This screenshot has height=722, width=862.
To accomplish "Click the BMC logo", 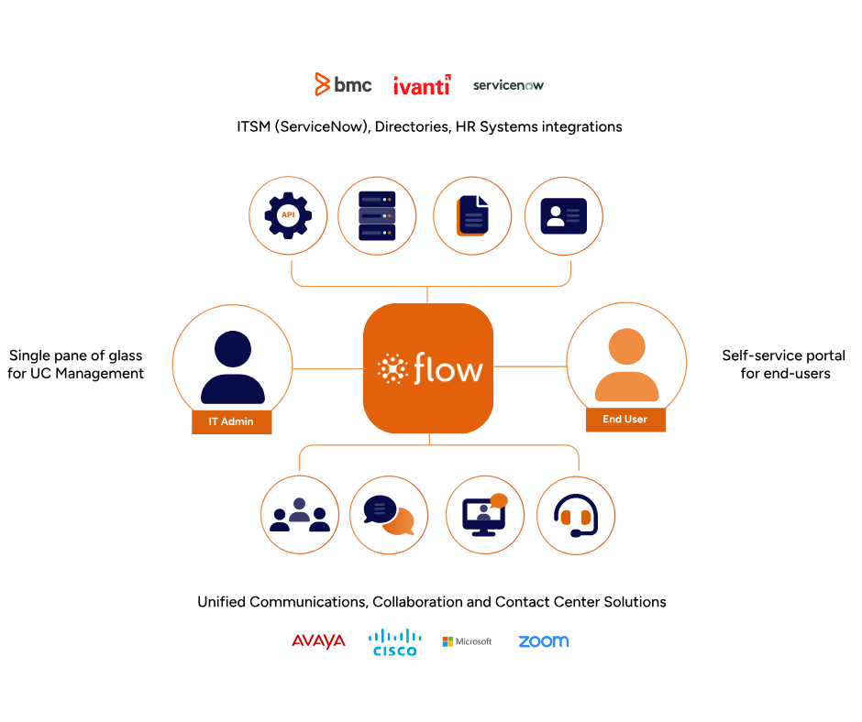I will point(343,85).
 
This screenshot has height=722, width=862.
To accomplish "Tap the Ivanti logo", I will point(422,86).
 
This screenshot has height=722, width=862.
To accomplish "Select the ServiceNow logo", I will point(509,86).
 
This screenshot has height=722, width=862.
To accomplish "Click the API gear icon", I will point(288,215).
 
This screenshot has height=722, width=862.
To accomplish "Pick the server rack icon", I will point(378,215).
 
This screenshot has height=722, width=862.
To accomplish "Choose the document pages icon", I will point(472,215).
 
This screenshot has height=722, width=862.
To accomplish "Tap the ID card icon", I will point(563,215).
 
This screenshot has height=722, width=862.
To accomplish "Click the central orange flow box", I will point(428,368).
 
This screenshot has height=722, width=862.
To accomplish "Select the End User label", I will point(625,420).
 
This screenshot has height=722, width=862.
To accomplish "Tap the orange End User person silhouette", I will point(626,365).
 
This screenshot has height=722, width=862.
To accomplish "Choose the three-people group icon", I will point(300,514).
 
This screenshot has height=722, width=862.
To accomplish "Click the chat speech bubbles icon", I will point(389,514).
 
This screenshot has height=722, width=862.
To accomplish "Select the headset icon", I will point(575,514).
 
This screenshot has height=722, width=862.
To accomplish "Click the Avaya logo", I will point(318,640).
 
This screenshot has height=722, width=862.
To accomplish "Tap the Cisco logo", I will point(395,642).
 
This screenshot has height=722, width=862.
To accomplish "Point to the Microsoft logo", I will point(467,641).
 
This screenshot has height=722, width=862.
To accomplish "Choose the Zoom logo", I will point(543,641).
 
